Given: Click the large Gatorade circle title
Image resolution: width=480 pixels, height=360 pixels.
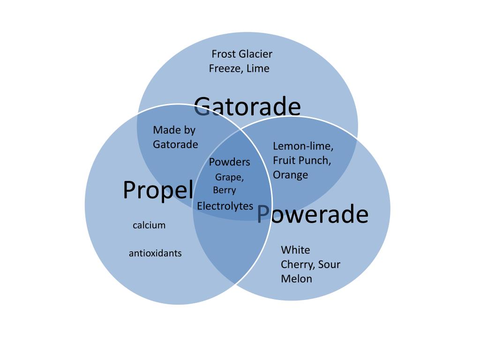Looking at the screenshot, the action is (247, 106).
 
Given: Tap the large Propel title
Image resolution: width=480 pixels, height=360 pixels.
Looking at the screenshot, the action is (158, 190).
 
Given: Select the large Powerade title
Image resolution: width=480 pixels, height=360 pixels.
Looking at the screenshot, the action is (313, 214).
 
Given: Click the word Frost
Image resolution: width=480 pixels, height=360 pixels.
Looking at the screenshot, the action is (224, 54).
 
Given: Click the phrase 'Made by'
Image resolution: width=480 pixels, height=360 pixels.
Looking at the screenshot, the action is (174, 130).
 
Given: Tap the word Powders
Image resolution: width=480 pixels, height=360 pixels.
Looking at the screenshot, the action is (230, 162).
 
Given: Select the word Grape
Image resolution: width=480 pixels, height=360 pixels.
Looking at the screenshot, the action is (229, 177).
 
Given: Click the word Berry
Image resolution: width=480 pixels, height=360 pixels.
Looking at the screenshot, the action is (225, 190).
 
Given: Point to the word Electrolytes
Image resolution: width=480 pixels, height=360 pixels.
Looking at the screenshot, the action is (225, 206).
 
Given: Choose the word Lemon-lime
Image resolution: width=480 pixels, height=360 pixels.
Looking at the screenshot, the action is (303, 146).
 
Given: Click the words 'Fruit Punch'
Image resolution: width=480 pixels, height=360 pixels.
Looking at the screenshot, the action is (301, 160).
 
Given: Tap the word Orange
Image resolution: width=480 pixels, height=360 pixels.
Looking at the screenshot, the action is (291, 175).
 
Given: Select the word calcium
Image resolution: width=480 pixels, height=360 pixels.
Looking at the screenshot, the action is (149, 225).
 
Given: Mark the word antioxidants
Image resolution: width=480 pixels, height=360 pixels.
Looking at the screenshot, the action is (155, 253).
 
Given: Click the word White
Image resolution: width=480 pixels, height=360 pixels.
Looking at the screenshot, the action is (295, 250).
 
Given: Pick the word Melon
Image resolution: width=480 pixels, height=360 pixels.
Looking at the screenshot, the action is (296, 279).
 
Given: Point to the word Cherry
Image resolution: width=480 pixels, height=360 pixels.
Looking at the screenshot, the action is (297, 264).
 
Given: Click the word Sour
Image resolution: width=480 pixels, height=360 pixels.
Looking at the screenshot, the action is (329, 264).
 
